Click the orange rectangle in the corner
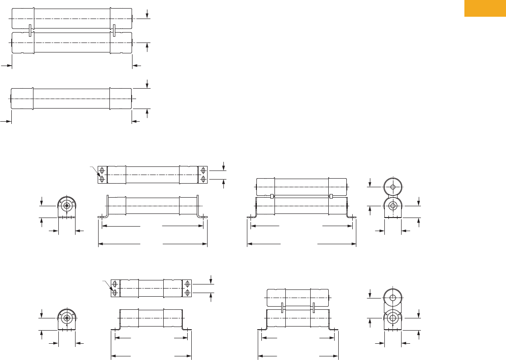coord(485,8)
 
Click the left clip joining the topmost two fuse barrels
coord(30,30)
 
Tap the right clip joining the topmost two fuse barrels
coord(114,30)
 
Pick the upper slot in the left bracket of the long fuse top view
coord(102,171)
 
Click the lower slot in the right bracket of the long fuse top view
coord(203,180)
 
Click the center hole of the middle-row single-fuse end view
coord(67,206)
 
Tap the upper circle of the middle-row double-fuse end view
coord(393,186)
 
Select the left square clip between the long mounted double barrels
coord(272,196)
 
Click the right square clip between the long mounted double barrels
coord(331,196)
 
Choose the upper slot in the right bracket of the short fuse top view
coord(188,284)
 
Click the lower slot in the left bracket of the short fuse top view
coord(115,293)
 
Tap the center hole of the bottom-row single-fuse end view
coord(67,317)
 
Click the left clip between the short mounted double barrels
coord(282,308)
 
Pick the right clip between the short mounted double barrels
coord(313,308)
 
